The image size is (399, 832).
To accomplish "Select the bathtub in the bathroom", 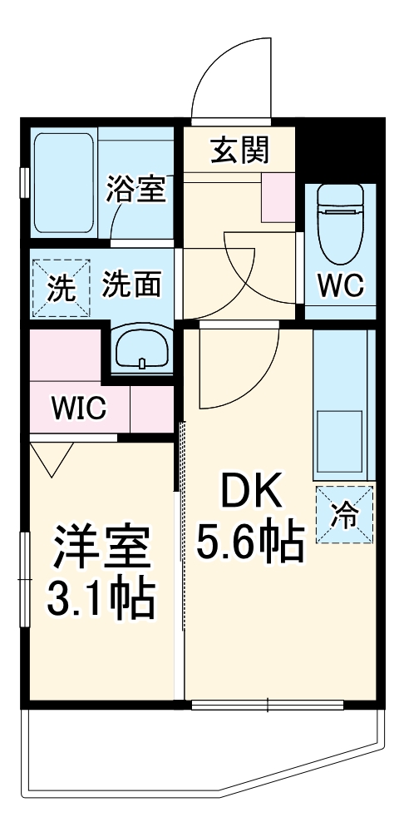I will pos(64,182).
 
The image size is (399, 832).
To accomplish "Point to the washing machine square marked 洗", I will pos(58,288).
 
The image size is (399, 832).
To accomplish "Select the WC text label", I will pos(340,285).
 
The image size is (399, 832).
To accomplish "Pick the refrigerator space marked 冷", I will pos(344,513).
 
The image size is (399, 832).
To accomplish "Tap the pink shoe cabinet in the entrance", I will pos(278,198).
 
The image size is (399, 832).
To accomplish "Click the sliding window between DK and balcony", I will pos(267,706).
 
